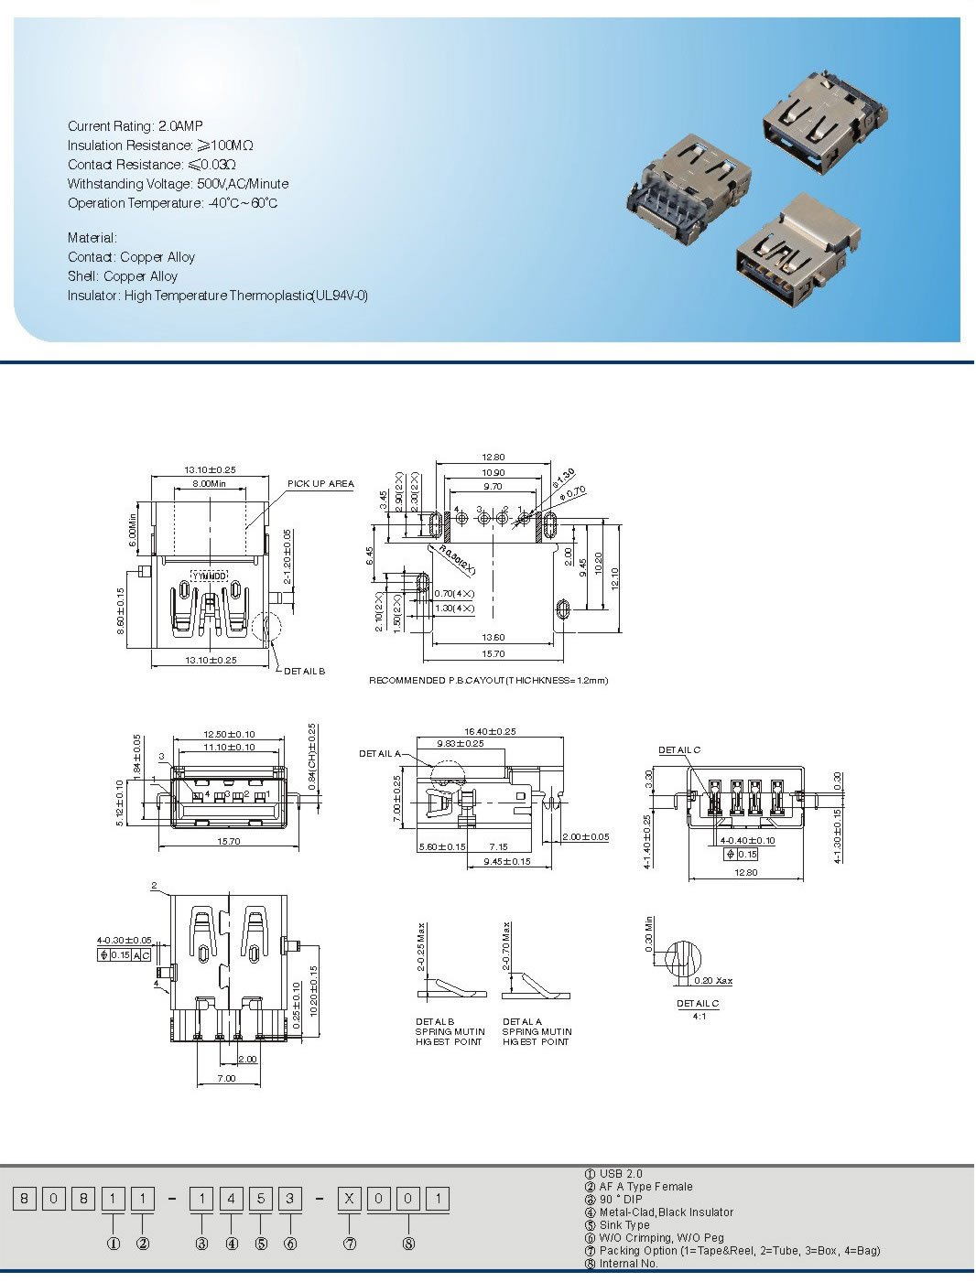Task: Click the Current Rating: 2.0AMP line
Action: [x=136, y=126]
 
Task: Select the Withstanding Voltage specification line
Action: [x=178, y=184]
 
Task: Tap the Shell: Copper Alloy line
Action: [x=123, y=276]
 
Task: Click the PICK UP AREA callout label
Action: [x=320, y=484]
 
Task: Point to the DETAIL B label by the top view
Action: [x=304, y=672]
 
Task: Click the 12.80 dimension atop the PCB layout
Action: [x=493, y=458]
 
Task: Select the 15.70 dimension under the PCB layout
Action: [x=493, y=654]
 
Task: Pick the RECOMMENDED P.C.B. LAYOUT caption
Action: [x=488, y=681]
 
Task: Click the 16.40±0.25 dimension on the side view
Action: [x=490, y=732]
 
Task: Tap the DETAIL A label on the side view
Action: [x=379, y=754]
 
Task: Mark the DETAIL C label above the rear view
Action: [x=679, y=750]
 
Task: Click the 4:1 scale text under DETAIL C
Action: [x=699, y=1016]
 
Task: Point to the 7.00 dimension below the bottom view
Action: [x=225, y=1079]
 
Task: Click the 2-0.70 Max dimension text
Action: [x=505, y=946]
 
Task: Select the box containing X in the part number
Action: [x=349, y=1198]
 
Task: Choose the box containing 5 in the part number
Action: [x=260, y=1198]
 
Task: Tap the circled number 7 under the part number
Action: [x=349, y=1244]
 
